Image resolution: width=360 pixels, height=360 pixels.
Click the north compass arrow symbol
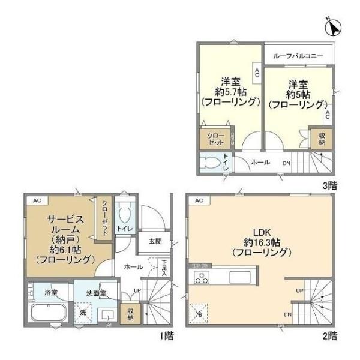coord(335,27)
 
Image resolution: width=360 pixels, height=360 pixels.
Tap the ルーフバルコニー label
coord(298,56)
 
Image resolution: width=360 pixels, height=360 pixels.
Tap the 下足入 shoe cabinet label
coord(164,265)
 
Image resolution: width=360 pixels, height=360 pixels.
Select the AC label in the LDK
coord(199,200)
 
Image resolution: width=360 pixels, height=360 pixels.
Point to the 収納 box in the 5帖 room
coord(322,139)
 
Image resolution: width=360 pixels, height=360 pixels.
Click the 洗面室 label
coord(96,293)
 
